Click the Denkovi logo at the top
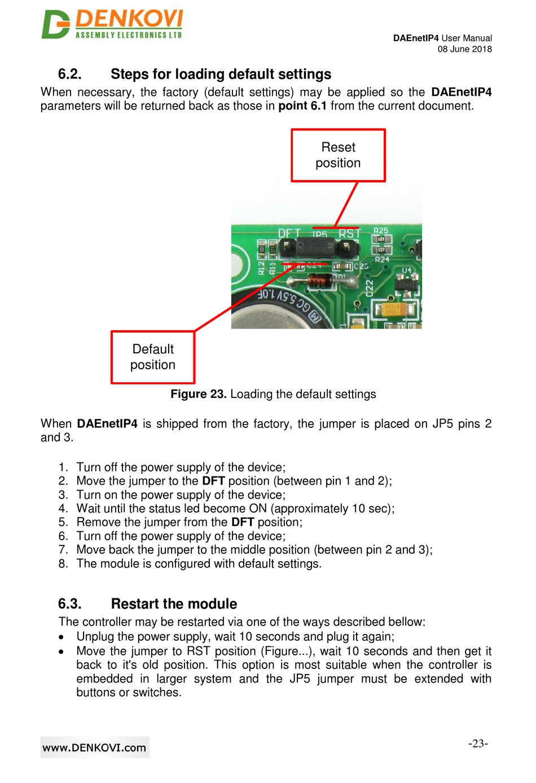[112, 24]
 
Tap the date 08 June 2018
[464, 49]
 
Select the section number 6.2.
[69, 75]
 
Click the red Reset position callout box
[338, 155]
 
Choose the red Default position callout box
[153, 357]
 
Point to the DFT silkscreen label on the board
[289, 233]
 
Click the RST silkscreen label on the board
[349, 233]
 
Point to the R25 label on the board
[381, 230]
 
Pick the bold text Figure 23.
[199, 394]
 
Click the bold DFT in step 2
[213, 481]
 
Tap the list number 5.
[63, 522]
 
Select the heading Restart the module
[174, 604]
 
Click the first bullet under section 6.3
[61, 637]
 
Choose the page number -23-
[478, 743]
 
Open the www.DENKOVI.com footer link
[95, 747]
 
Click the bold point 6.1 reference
[302, 106]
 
